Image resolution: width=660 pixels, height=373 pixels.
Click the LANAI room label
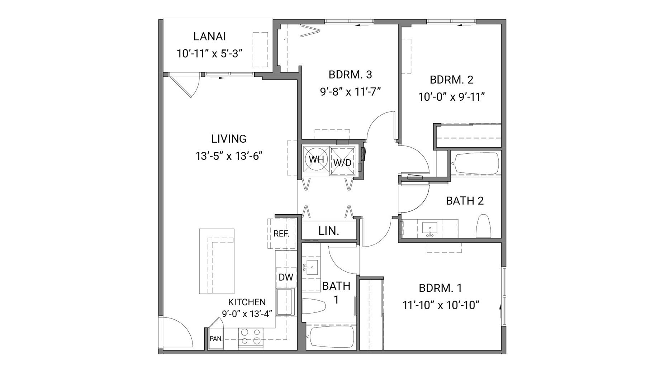(x=209, y=37)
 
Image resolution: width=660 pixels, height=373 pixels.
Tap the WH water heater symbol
(x=316, y=159)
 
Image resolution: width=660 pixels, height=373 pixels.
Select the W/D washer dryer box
(x=342, y=162)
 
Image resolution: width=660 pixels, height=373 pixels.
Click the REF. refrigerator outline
(x=281, y=234)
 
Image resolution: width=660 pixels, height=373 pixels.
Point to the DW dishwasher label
(x=286, y=277)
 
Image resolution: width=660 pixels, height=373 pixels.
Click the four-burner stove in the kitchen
(x=251, y=337)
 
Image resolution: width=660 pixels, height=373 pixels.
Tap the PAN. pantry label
(x=216, y=338)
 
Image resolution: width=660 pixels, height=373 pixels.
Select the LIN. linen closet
(x=329, y=231)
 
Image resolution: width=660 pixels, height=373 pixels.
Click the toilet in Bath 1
(x=314, y=307)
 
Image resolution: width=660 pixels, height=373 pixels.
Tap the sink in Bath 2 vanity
(x=429, y=228)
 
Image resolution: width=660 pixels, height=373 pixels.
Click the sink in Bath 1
(x=311, y=267)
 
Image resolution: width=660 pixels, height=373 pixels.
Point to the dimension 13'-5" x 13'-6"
(x=229, y=156)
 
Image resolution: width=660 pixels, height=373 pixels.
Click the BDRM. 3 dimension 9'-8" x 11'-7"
(x=350, y=92)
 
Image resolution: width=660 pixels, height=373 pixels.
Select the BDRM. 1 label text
(x=440, y=288)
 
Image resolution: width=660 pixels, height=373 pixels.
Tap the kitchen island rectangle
(x=217, y=261)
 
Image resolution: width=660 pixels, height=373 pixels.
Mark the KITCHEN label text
(x=247, y=302)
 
